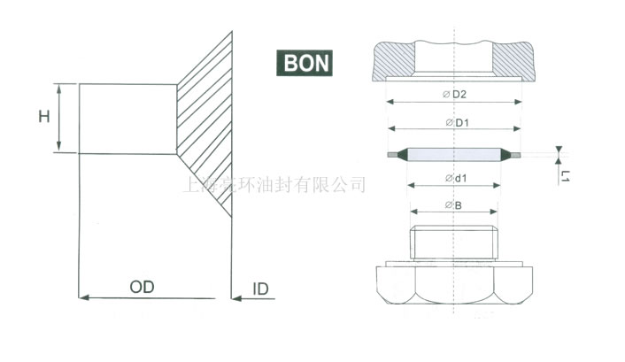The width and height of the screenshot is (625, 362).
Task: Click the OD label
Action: click(x=142, y=288)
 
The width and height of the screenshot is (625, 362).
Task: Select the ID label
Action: click(x=261, y=289)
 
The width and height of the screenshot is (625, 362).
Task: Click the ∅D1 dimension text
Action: click(x=454, y=121)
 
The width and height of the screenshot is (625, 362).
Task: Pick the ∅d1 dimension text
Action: click(x=454, y=180)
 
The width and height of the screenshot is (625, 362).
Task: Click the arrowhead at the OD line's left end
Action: click(x=85, y=298)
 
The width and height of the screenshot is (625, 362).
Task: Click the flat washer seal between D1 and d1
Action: click(x=453, y=154)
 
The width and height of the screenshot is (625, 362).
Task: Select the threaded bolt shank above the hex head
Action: click(x=453, y=243)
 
